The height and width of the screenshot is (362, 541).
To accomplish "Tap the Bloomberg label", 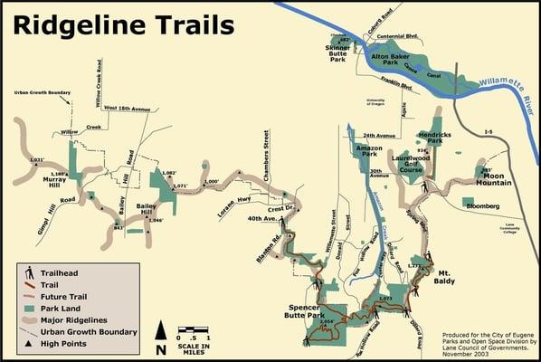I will click(482, 205).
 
